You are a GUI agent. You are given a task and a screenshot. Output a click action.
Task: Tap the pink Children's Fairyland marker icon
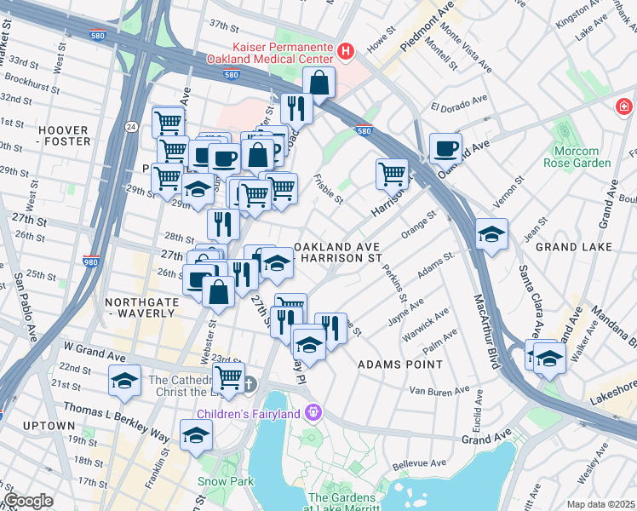point(313,413)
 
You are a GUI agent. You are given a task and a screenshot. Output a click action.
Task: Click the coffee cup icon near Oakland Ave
point(445,149)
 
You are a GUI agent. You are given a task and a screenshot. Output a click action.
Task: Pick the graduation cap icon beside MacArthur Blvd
point(491,234)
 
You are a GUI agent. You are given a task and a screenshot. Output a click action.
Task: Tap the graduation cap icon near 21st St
point(125,380)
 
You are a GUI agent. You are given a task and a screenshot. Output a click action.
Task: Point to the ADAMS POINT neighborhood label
point(399,364)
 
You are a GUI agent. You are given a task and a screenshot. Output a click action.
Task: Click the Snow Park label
point(226,481)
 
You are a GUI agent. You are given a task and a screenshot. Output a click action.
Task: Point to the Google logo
point(28,501)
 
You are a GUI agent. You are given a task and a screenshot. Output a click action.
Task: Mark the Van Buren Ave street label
point(439,390)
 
